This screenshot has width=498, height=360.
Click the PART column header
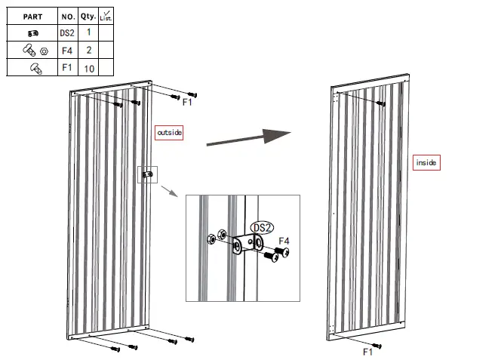pyautogui.click(x=32, y=15)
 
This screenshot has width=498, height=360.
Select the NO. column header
pyautogui.click(x=68, y=15)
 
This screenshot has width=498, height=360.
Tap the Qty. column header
pyautogui.click(x=88, y=15)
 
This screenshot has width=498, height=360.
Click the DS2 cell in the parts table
pyautogui.click(x=68, y=32)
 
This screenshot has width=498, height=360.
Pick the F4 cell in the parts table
pyautogui.click(x=68, y=51)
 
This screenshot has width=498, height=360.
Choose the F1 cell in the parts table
pyautogui.click(x=68, y=68)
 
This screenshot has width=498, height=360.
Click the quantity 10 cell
pyautogui.click(x=88, y=69)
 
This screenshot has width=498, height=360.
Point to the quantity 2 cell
pyautogui.click(x=88, y=51)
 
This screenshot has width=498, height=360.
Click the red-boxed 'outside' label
pyautogui.click(x=169, y=133)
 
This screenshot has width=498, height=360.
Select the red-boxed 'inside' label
pyautogui.click(x=426, y=162)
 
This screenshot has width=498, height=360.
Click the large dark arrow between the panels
pyautogui.click(x=248, y=137)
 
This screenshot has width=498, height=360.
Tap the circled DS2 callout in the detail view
pyautogui.click(x=262, y=226)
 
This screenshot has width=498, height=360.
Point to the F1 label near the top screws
pyautogui.click(x=188, y=102)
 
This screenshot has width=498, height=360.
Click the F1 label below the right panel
pyautogui.click(x=368, y=352)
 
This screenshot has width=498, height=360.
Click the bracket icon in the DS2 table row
pyautogui.click(x=32, y=32)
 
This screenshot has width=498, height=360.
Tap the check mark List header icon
pyautogui.click(x=106, y=15)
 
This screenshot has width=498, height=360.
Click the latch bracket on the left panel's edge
pyautogui.click(x=146, y=175)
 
